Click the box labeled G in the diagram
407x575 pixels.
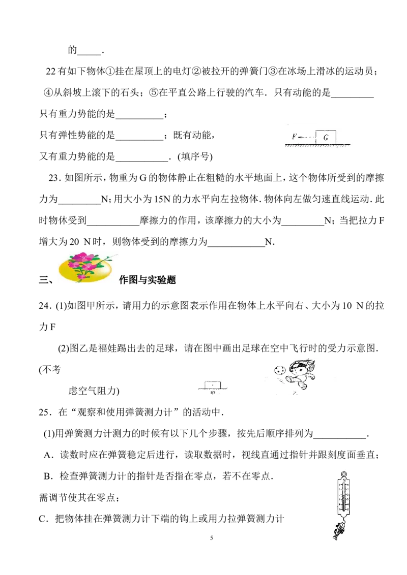(326, 137)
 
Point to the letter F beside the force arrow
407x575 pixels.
(294, 137)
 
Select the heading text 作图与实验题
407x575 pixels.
(148, 280)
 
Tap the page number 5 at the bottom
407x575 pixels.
(212, 538)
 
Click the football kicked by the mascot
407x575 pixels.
(279, 370)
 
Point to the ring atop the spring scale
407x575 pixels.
(344, 474)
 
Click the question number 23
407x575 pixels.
(53, 178)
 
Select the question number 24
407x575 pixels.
(44, 306)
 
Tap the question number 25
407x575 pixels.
(44, 412)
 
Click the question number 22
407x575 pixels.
(51, 71)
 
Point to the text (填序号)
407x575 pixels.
(195, 157)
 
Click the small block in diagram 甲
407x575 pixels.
(212, 385)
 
